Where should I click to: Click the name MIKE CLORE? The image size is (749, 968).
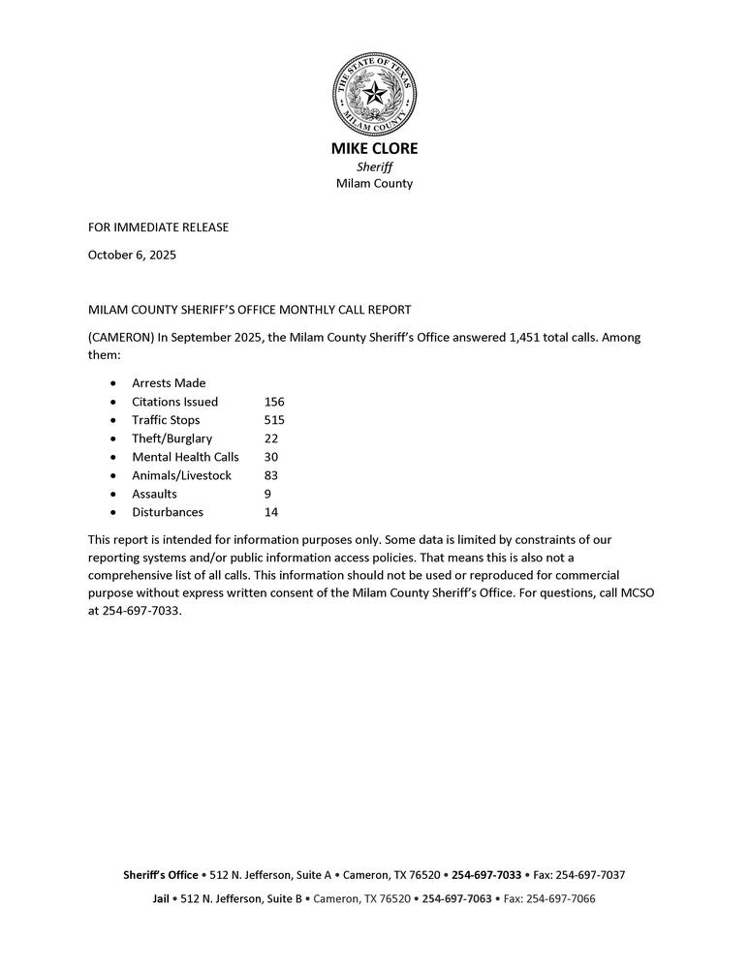pyautogui.click(x=374, y=149)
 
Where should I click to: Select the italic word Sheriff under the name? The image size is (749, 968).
pyautogui.click(x=374, y=166)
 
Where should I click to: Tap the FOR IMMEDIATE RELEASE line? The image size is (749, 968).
pyautogui.click(x=158, y=227)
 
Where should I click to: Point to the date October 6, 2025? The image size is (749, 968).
pyautogui.click(x=132, y=256)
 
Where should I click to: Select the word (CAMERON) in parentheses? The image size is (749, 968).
pyautogui.click(x=120, y=338)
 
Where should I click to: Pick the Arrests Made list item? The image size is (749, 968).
pyautogui.click(x=169, y=383)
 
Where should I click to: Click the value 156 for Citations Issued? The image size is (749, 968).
pyautogui.click(x=274, y=402)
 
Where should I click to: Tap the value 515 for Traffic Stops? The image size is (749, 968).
pyautogui.click(x=274, y=420)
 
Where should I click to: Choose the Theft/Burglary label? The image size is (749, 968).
pyautogui.click(x=172, y=439)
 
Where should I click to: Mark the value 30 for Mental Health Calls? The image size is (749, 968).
pyautogui.click(x=271, y=457)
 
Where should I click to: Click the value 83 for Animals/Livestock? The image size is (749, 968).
pyautogui.click(x=271, y=475)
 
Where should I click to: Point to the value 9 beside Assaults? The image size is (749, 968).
pyautogui.click(x=267, y=494)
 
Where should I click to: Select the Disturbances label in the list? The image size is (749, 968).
pyautogui.click(x=168, y=512)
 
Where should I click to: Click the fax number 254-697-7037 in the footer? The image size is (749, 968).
pyautogui.click(x=590, y=875)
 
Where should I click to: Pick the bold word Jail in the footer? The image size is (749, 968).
pyautogui.click(x=161, y=899)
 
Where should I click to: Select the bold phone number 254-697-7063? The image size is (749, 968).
pyautogui.click(x=456, y=899)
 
